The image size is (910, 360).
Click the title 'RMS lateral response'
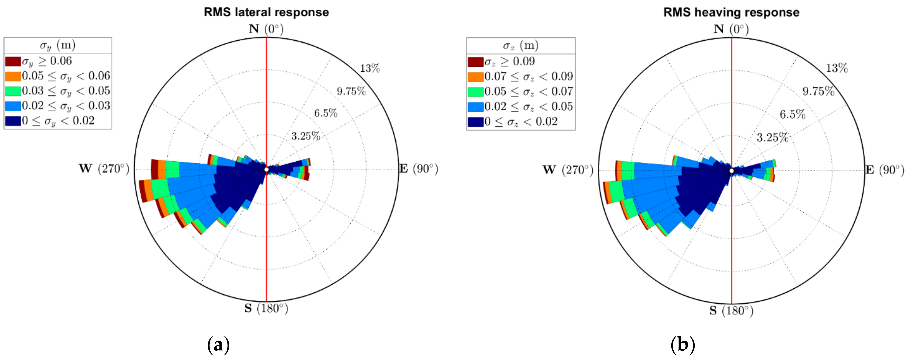point(266,12)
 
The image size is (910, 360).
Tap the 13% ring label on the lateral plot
point(370,68)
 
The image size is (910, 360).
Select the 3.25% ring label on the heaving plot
point(772,137)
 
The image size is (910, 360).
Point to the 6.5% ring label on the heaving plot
point(792,114)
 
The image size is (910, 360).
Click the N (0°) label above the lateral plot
point(266,29)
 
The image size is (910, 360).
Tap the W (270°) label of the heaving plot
point(568,170)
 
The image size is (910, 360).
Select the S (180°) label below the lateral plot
point(266,309)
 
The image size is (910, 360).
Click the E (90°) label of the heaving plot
point(884,170)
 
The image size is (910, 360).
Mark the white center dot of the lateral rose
point(266,170)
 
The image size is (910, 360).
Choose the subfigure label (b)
point(682,344)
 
